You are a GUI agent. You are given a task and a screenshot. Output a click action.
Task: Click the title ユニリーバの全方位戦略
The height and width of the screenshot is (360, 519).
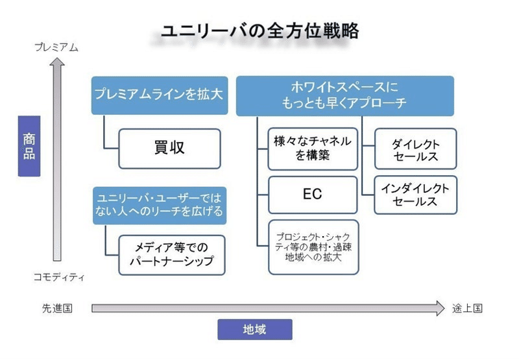pos(260,31)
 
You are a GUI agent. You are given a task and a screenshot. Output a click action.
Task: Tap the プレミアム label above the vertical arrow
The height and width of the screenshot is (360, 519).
pos(56,47)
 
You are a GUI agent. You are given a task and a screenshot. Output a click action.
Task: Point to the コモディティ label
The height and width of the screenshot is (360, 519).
pos(59,277)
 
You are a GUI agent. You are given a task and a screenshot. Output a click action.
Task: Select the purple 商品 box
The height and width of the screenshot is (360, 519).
pos(29,146)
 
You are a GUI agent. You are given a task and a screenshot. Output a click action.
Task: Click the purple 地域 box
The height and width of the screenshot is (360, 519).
pos(255,330)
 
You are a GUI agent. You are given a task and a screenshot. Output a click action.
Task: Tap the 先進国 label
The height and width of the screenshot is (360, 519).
pos(57,308)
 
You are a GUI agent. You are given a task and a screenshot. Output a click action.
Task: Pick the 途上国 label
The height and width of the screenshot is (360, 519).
pos(467,308)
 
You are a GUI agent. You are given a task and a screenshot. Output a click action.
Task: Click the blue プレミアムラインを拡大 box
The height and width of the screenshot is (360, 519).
pos(160,95)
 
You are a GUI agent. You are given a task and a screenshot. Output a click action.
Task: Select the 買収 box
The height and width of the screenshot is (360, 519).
pos(169,149)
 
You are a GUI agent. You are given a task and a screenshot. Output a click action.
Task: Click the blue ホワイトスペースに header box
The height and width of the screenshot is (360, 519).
pos(345,96)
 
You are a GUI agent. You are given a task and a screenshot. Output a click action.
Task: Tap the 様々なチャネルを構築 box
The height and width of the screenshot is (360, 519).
pos(313,149)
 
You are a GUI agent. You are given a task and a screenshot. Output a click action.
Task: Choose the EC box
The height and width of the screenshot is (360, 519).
pos(313,195)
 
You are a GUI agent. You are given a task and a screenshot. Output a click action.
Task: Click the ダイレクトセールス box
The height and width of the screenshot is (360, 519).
pos(415,149)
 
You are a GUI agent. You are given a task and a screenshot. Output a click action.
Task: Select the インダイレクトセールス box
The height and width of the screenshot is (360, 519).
pos(415,195)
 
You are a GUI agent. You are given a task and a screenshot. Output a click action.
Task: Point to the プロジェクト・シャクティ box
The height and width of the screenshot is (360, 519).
pos(313,247)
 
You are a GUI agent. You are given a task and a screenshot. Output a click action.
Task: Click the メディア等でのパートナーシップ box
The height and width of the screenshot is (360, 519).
pos(172,255)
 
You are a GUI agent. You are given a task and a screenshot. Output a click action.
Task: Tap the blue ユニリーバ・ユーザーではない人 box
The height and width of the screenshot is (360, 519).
pos(160,206)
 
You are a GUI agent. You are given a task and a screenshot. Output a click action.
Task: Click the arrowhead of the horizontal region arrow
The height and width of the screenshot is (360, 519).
pos(441,308)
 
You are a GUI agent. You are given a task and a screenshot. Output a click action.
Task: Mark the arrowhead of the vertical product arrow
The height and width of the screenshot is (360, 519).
pos(57,62)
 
